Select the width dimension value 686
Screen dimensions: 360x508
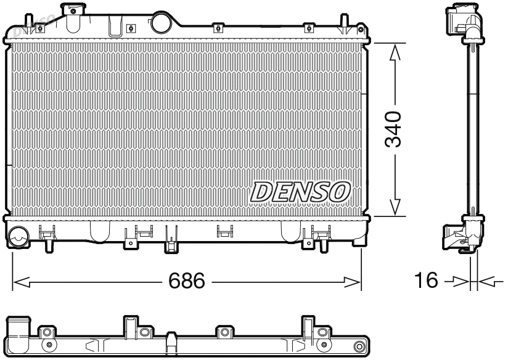[x=187, y=282]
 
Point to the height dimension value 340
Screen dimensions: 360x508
[x=393, y=129]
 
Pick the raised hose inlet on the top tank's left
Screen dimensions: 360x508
[x=73, y=10]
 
